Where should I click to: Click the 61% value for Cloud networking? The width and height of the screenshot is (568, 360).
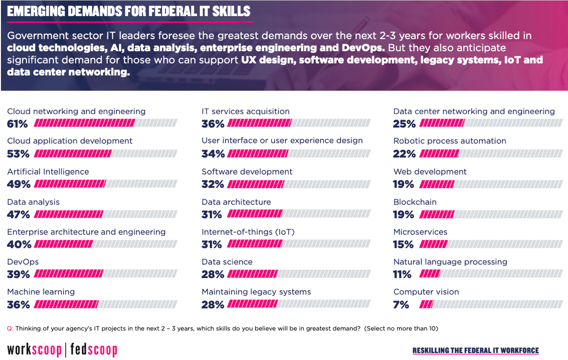[x=17, y=124]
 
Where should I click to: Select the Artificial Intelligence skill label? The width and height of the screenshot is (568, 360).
[x=48, y=172]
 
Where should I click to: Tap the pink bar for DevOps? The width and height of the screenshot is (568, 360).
[x=68, y=274]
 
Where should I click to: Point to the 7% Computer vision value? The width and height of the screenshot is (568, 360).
[x=401, y=304]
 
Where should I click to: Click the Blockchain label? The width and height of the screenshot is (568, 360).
[x=415, y=202]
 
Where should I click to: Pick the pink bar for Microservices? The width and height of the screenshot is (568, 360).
[x=433, y=244]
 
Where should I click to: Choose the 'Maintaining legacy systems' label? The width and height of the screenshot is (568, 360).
[x=256, y=292]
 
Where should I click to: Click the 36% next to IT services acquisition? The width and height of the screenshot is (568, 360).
[x=212, y=124]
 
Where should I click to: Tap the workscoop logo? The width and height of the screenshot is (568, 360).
[x=34, y=350]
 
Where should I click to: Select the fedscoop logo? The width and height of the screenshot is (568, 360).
[x=94, y=350]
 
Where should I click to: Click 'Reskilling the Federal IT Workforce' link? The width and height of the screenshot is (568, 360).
[x=476, y=351]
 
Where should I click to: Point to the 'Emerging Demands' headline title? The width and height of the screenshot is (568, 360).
[x=129, y=11]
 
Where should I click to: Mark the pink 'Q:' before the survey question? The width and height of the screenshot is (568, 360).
[x=10, y=328]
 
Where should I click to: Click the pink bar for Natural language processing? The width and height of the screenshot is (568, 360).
[x=430, y=274]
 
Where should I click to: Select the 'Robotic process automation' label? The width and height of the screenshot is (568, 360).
[x=450, y=141]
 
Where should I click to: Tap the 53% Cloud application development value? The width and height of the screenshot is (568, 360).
[x=18, y=154]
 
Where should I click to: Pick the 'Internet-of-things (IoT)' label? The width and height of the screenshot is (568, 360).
[x=248, y=232]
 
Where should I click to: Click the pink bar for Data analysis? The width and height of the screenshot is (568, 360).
[x=68, y=215]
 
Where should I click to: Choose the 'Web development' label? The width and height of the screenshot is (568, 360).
[x=430, y=172]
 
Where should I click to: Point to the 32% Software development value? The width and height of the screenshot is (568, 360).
[x=212, y=184]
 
